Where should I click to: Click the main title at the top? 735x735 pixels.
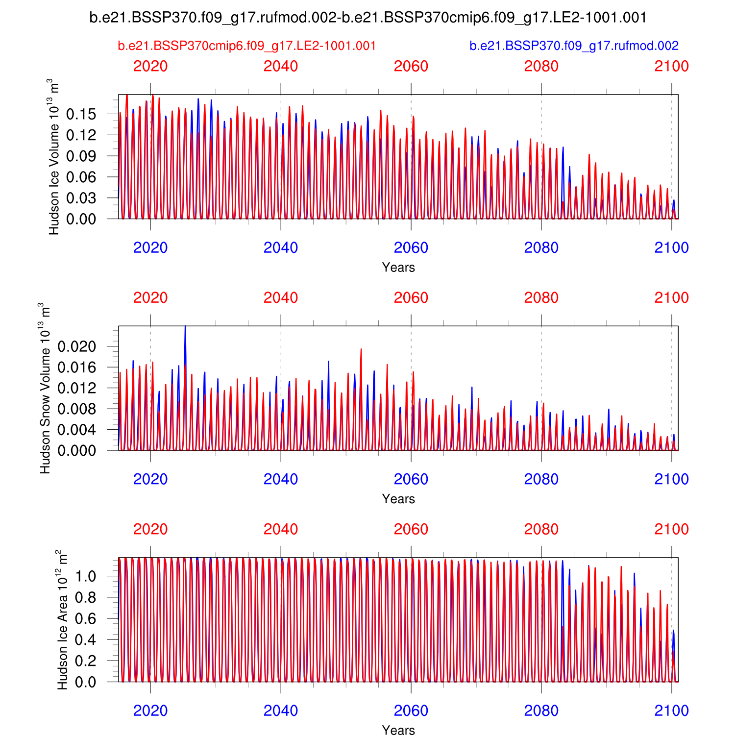(368, 18)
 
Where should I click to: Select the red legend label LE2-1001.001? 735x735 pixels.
(247, 46)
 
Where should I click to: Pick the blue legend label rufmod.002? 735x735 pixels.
(574, 46)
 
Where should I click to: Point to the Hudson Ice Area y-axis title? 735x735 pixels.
(62, 620)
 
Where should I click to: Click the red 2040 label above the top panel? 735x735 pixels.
(281, 66)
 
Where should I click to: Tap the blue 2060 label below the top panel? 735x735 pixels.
(411, 248)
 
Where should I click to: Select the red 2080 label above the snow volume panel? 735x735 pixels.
(541, 298)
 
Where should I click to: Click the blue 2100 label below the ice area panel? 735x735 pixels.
(672, 711)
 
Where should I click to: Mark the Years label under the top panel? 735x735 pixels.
(398, 268)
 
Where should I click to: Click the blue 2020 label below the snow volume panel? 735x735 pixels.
(150, 479)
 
